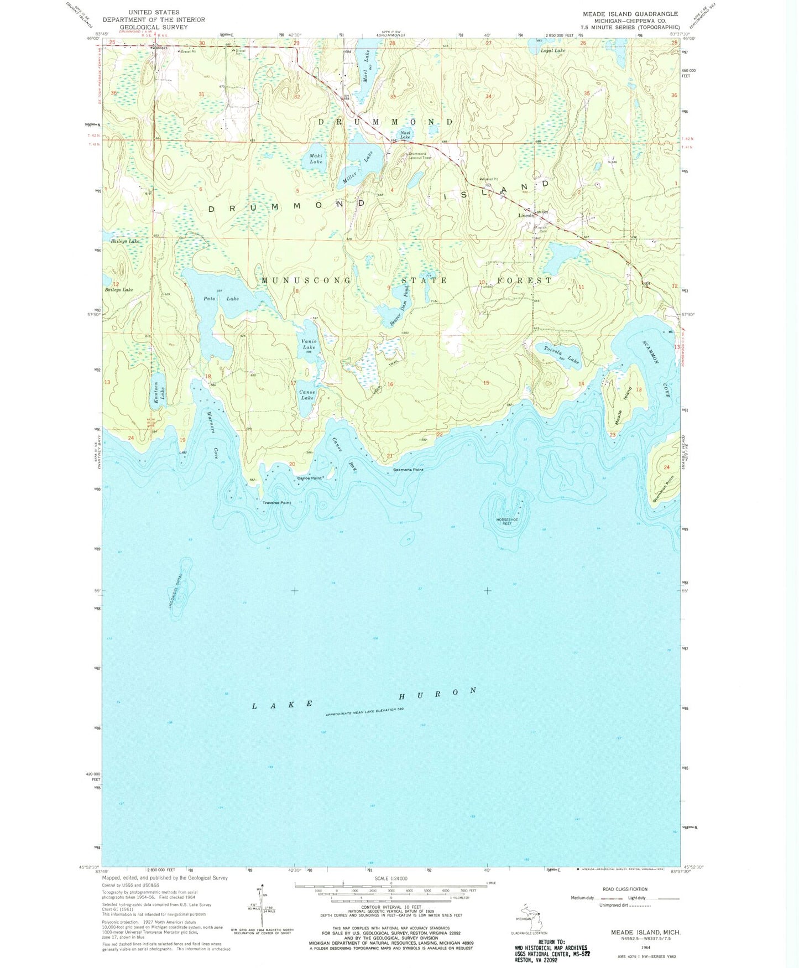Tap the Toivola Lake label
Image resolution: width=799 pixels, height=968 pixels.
[x=561, y=355]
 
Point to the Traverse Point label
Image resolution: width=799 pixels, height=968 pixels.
[x=276, y=503]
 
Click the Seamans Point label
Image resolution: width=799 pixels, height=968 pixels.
[x=408, y=470]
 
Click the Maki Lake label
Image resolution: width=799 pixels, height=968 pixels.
[x=316, y=159]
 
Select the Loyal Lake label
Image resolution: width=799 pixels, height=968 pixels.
[x=552, y=51]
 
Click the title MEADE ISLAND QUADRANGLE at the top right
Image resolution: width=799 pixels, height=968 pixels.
[x=630, y=14]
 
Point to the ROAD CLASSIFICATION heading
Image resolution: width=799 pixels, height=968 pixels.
[x=625, y=889]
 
